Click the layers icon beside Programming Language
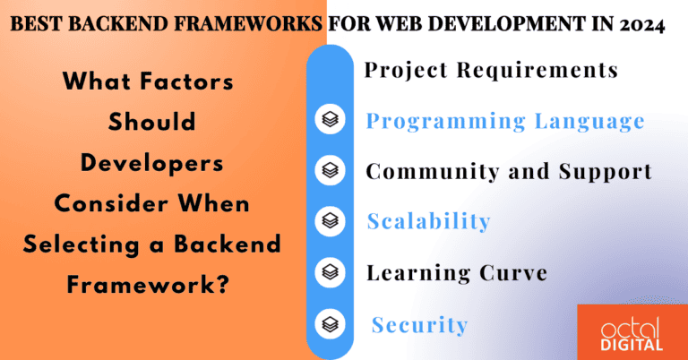331,121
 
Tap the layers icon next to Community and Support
331,170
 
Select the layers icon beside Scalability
331,220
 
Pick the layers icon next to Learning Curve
331,270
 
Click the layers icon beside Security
331,322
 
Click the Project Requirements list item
491,70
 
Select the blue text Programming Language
505,121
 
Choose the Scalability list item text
428,221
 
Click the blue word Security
419,324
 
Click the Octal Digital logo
632,330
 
